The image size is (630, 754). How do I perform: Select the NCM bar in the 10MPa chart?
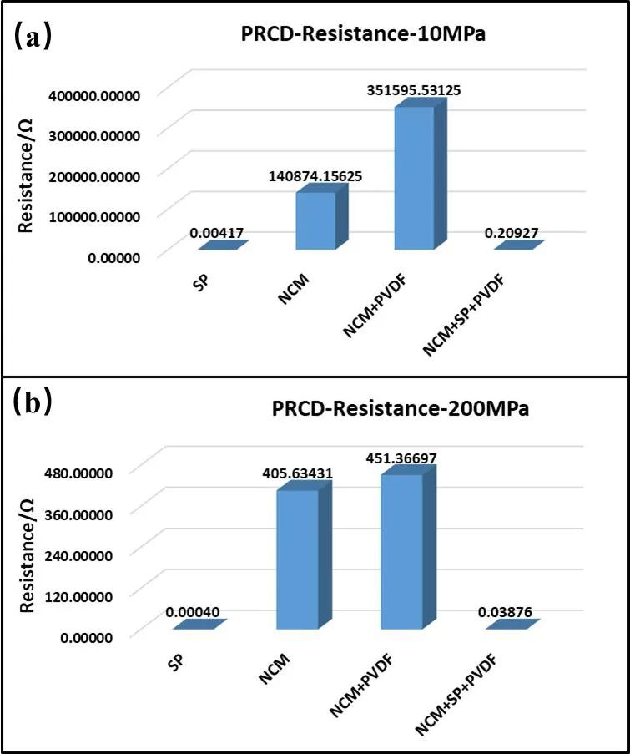coord(315,220)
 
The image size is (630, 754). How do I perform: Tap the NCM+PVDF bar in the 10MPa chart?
coord(414,178)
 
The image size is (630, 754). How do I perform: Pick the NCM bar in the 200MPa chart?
coord(298,559)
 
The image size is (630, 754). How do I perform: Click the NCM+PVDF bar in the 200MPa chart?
coord(401,551)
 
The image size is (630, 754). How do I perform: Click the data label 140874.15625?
coord(307,177)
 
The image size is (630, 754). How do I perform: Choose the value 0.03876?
coord(507,612)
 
